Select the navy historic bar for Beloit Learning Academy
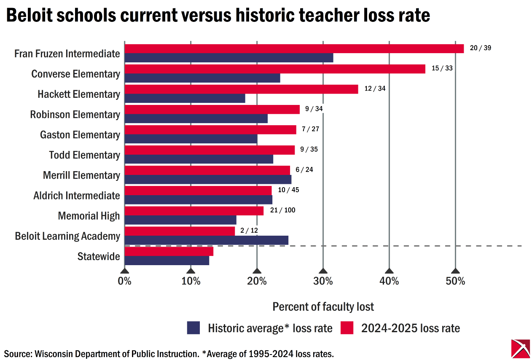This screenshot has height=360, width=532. click(207, 240)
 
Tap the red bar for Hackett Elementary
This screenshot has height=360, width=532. click(241, 89)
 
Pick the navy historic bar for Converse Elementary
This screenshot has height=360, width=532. click(202, 78)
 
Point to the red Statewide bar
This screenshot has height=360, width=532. click(169, 251)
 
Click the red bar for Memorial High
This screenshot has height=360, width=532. click(194, 211)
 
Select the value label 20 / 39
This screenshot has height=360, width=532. click(481, 48)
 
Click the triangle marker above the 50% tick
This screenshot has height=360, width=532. click(455, 271)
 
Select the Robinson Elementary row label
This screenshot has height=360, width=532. click(75, 115)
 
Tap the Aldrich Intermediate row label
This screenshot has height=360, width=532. click(77, 196)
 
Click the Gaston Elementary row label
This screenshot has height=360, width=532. click(80, 135)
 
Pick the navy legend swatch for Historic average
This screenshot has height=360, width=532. click(193, 328)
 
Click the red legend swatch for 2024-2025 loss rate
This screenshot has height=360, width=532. click(347, 328)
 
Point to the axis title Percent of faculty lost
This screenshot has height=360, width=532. click(323, 306)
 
